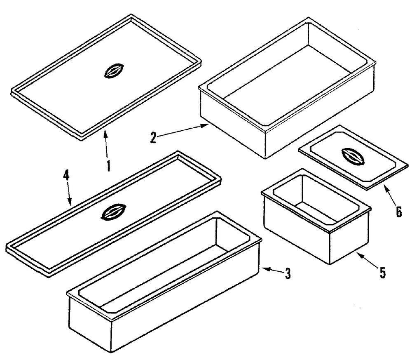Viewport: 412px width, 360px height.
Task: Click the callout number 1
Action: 108,166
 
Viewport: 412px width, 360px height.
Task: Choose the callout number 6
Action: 398,212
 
